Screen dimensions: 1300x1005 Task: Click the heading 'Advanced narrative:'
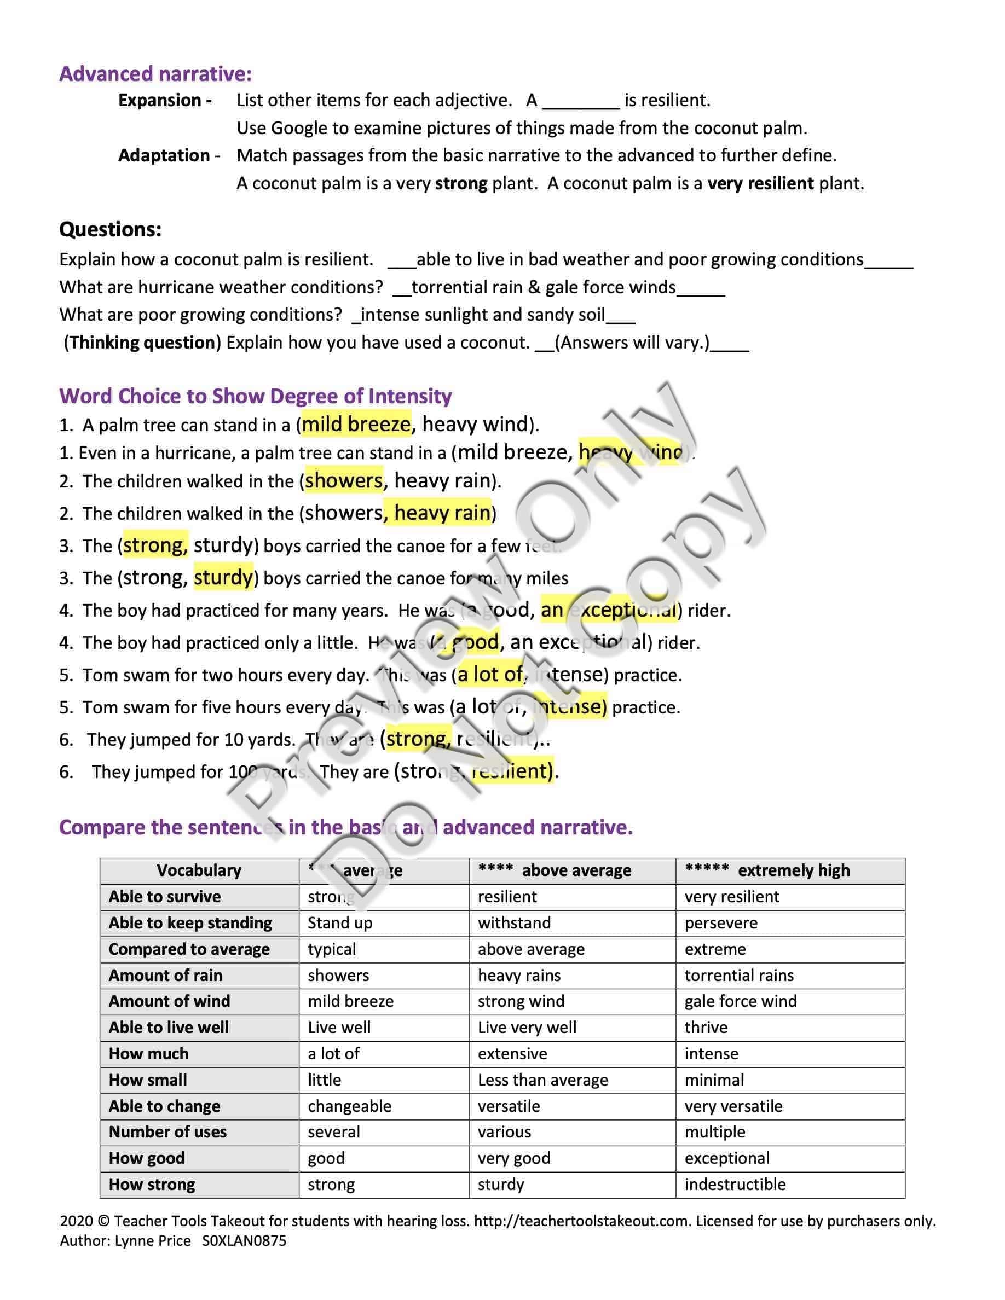tap(155, 74)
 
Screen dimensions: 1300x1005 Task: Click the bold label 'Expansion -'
tap(164, 100)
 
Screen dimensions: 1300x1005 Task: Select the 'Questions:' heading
tap(110, 229)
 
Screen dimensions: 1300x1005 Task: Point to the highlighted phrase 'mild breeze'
tap(356, 425)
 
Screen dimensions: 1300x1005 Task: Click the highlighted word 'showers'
tap(344, 481)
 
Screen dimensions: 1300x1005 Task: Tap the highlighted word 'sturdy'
tap(223, 577)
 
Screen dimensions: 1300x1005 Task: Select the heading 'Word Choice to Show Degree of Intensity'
tap(256, 396)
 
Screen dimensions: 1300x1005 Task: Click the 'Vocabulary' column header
tap(199, 870)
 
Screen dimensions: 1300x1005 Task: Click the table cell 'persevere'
tap(720, 922)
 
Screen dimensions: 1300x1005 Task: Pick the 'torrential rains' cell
tap(739, 975)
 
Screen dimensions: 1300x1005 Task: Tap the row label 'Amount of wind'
tap(169, 1001)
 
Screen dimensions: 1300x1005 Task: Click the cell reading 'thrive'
tap(706, 1028)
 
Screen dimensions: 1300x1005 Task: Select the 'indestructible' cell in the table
tap(735, 1185)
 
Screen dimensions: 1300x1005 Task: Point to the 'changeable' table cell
tap(349, 1106)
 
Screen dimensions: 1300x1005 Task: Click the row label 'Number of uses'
tap(168, 1132)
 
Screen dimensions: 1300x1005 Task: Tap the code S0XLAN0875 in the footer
tap(244, 1241)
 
